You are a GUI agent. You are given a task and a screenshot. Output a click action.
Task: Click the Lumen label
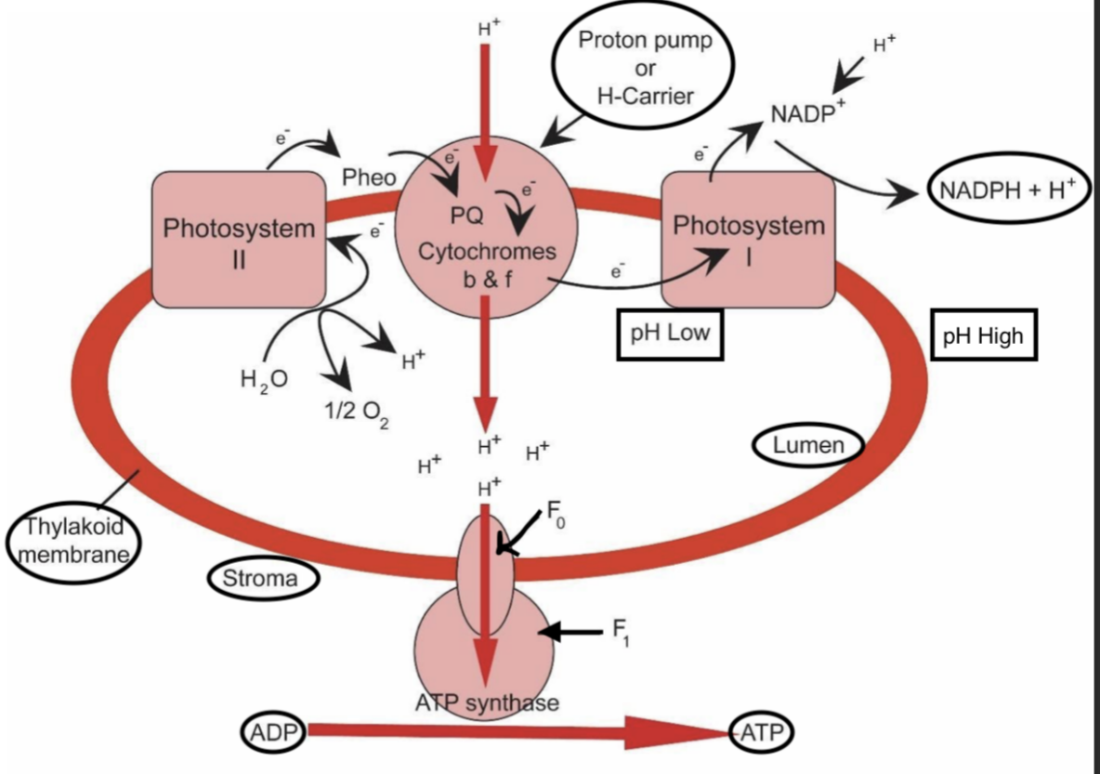click(x=808, y=445)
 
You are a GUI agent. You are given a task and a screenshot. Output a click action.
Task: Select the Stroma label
click(x=261, y=579)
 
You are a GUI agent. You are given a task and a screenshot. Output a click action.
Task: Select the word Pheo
click(x=368, y=177)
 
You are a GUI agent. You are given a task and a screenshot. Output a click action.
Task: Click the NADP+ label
click(x=808, y=115)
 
